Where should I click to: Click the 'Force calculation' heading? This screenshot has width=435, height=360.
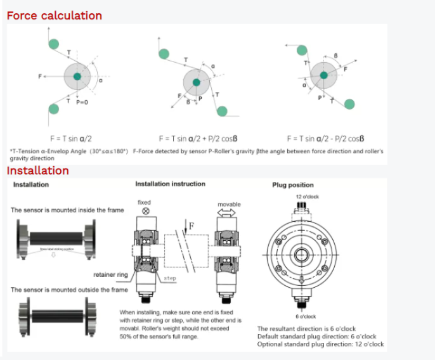pos(54,15)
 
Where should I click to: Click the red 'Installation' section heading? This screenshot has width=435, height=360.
pos(38,170)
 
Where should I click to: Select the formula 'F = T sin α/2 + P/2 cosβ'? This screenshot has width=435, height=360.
pos(198,138)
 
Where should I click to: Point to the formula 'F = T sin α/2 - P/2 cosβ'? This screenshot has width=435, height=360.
pos(325,138)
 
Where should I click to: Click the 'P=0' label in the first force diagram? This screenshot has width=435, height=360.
pos(82,102)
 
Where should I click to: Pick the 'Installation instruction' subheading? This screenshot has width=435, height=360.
pos(170,184)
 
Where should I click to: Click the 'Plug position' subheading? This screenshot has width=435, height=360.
pos(293,185)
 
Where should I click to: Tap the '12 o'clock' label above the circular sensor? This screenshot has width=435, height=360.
pos(307,197)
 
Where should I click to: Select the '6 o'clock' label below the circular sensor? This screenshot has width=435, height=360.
pos(305,316)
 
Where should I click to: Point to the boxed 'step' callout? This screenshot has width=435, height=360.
pos(170,278)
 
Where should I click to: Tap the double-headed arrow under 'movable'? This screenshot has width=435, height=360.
pos(229,214)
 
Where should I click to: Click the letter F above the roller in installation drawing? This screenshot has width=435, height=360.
pos(192,225)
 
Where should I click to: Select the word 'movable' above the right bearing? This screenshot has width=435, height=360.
pos(229,204)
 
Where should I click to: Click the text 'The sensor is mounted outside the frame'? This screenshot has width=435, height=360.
pos(69,290)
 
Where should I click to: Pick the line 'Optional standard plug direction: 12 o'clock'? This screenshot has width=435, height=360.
pos(320,344)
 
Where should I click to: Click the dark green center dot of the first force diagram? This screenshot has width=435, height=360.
pos(77,77)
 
